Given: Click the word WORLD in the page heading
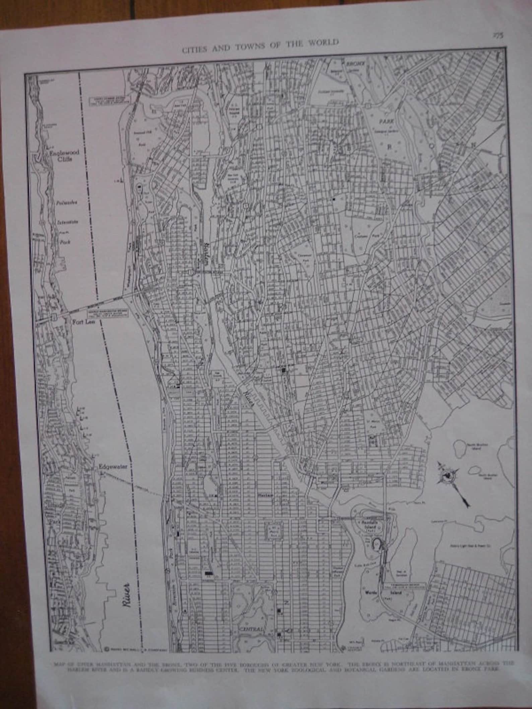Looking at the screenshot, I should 323,43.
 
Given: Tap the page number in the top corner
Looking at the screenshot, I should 497,36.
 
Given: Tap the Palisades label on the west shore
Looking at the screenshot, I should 67,203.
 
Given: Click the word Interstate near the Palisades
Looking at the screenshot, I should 67,221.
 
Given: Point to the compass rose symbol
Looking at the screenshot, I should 447,476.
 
